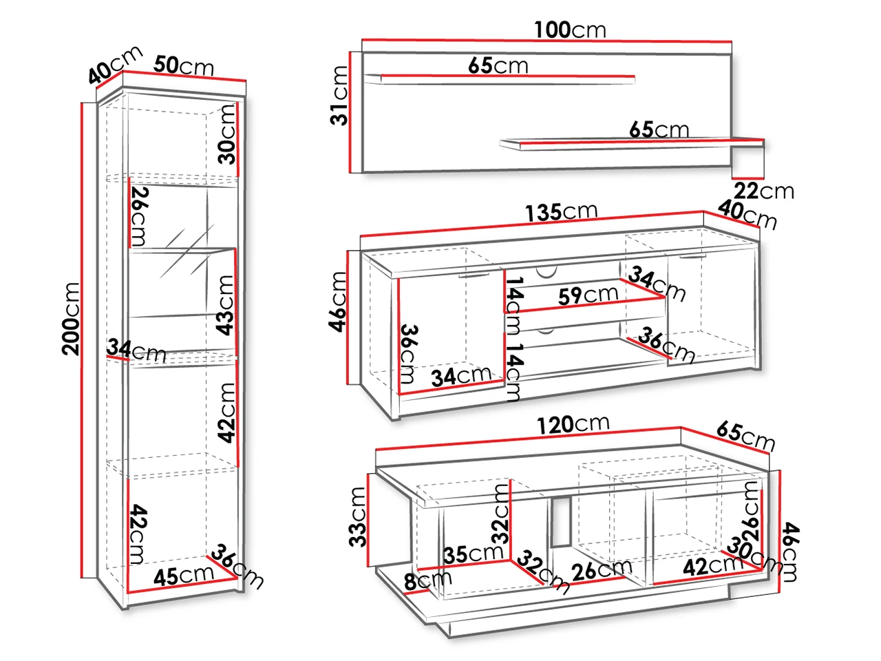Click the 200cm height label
coord(71,319)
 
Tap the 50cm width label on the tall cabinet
coord(184,66)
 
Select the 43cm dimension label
coord(225,305)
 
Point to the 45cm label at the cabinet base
coord(183,576)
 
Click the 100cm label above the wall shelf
coord(570,30)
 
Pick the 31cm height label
coord(339,96)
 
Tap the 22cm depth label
coord(764,191)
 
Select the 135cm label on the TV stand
coord(562,212)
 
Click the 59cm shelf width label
coord(588,295)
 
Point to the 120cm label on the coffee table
coord(573,426)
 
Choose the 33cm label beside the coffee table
coord(357,517)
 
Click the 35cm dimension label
coord(474,554)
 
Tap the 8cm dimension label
coord(428,580)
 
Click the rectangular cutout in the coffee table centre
coord(561,521)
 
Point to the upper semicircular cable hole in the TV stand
coord(546,272)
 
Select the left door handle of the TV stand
coord(474,275)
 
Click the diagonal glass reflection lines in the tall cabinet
coord(187,252)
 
